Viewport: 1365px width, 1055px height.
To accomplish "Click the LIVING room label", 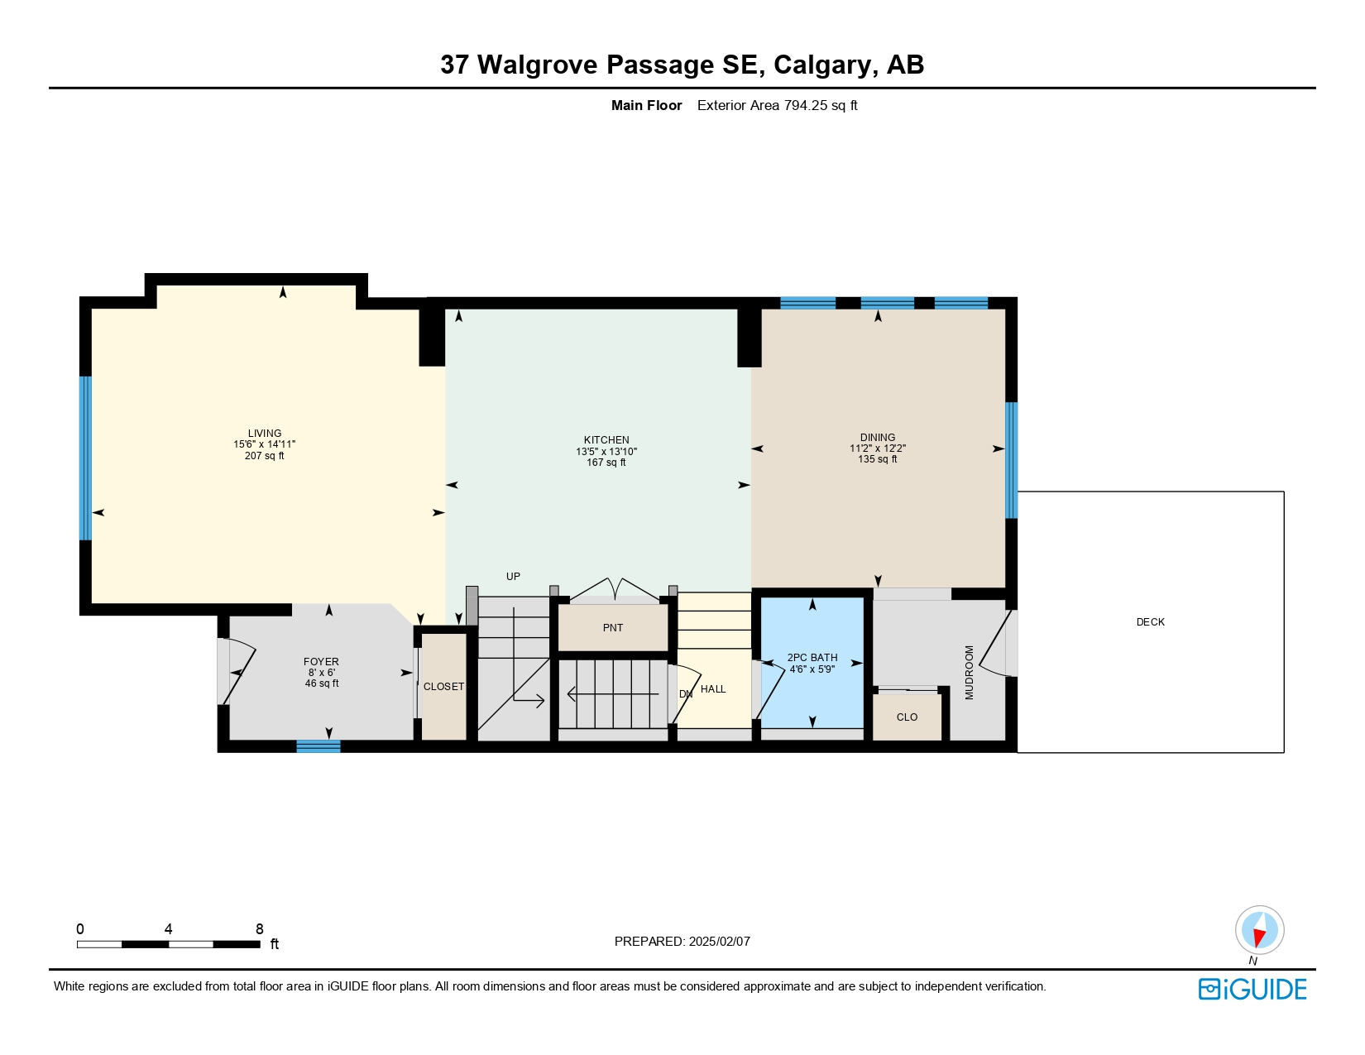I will (265, 433).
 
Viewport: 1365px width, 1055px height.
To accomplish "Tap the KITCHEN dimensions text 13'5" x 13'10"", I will (606, 452).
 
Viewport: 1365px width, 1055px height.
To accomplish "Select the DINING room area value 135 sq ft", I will (877, 459).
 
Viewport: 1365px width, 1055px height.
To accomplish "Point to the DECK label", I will (1150, 622).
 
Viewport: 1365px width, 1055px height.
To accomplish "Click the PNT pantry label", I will (613, 628).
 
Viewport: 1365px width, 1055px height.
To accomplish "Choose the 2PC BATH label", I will (812, 658).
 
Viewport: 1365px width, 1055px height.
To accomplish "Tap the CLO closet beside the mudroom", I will (907, 717).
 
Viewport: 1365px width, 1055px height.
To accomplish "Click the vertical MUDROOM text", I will (970, 673).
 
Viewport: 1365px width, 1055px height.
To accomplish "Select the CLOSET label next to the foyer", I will (443, 687).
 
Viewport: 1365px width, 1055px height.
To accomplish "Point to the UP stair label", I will (513, 577).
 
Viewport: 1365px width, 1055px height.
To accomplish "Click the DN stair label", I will (685, 694).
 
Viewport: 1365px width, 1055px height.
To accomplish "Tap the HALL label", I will (713, 689).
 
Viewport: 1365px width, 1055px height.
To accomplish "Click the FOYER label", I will (321, 662).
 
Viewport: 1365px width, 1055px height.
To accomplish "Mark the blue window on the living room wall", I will (85, 458).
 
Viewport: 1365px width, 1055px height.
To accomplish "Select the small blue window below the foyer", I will (318, 746).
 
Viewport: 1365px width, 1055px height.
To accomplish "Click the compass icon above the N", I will (1259, 929).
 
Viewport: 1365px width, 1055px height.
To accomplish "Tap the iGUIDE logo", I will (1252, 990).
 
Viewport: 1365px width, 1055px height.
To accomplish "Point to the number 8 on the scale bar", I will (259, 929).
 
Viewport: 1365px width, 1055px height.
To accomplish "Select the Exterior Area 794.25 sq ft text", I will (777, 105).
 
